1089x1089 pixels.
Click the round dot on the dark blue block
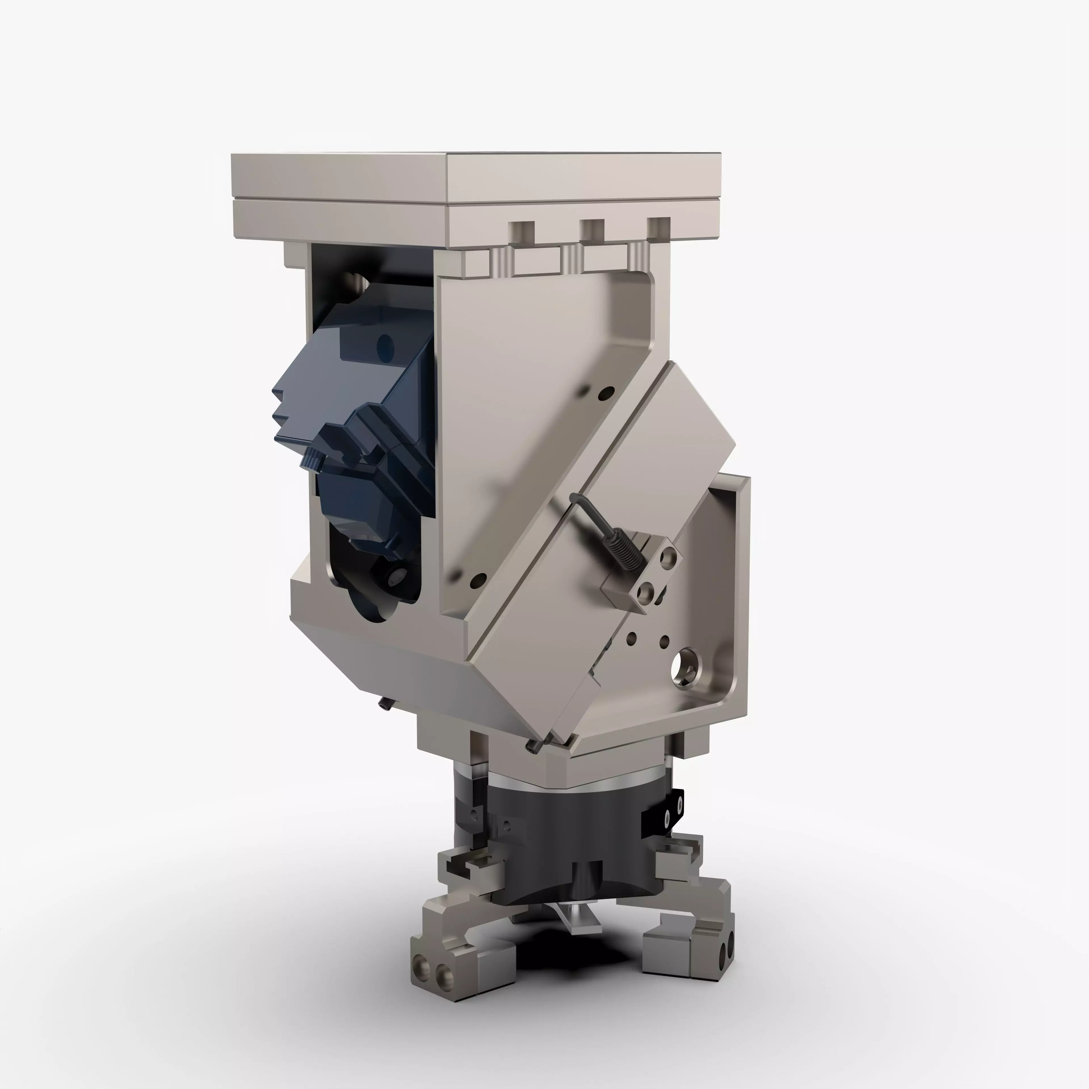(385, 343)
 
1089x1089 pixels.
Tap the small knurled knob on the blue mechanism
(312, 459)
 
